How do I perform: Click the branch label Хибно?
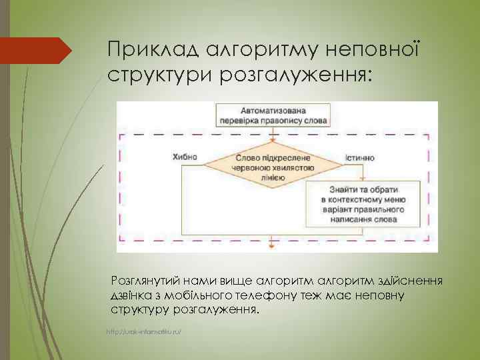tap(185, 157)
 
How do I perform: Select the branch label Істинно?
tap(360, 158)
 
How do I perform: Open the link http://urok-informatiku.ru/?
tap(144, 331)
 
